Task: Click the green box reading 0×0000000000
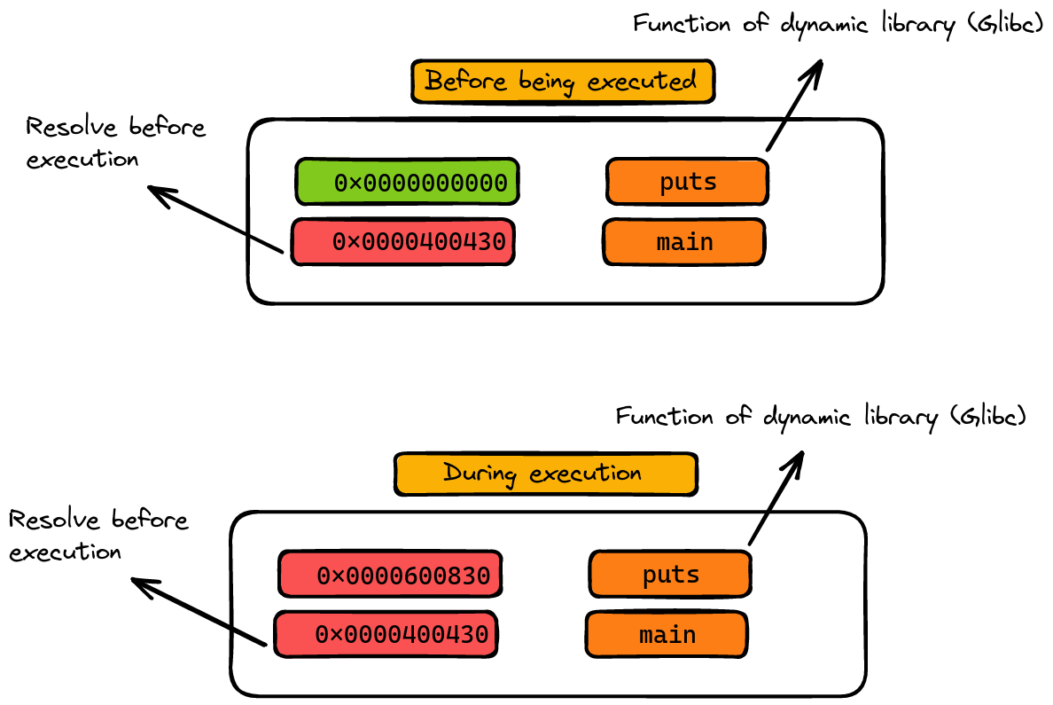407,182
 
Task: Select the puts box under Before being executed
687,182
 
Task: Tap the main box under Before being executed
683,242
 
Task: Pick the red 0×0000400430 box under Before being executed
403,242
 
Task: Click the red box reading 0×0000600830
390,575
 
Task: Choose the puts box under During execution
670,575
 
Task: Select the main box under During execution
667,635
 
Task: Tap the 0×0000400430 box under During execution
386,635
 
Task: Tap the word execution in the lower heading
585,474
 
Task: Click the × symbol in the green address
355,184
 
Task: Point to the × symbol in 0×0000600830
337,576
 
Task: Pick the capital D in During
452,473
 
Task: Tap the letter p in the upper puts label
667,183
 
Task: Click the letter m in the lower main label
647,636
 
